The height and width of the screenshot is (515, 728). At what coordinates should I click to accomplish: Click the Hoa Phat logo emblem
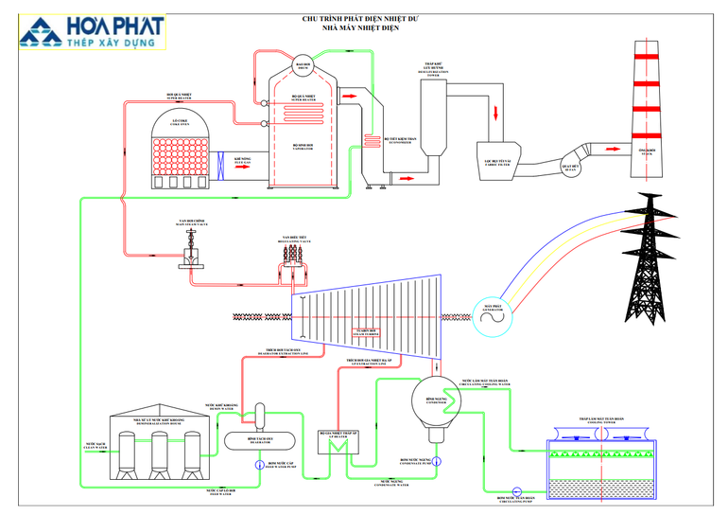tap(39, 32)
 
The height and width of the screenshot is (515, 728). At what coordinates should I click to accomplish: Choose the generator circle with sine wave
tap(493, 321)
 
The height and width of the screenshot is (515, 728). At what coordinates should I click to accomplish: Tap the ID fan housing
tap(571, 158)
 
